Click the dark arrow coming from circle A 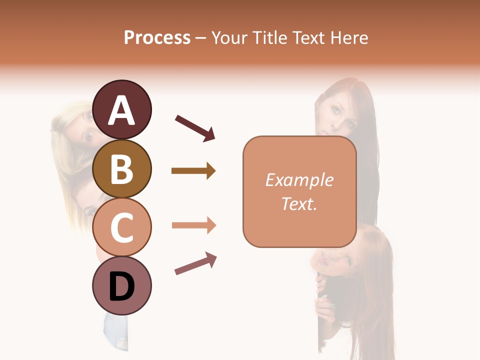195,127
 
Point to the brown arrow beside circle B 193,171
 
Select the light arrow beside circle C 194,225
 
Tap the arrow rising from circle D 195,263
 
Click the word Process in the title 157,37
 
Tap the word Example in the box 299,180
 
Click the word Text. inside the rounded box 299,203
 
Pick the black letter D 122,286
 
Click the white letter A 122,110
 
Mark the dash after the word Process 201,38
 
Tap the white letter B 122,169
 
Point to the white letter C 122,227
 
